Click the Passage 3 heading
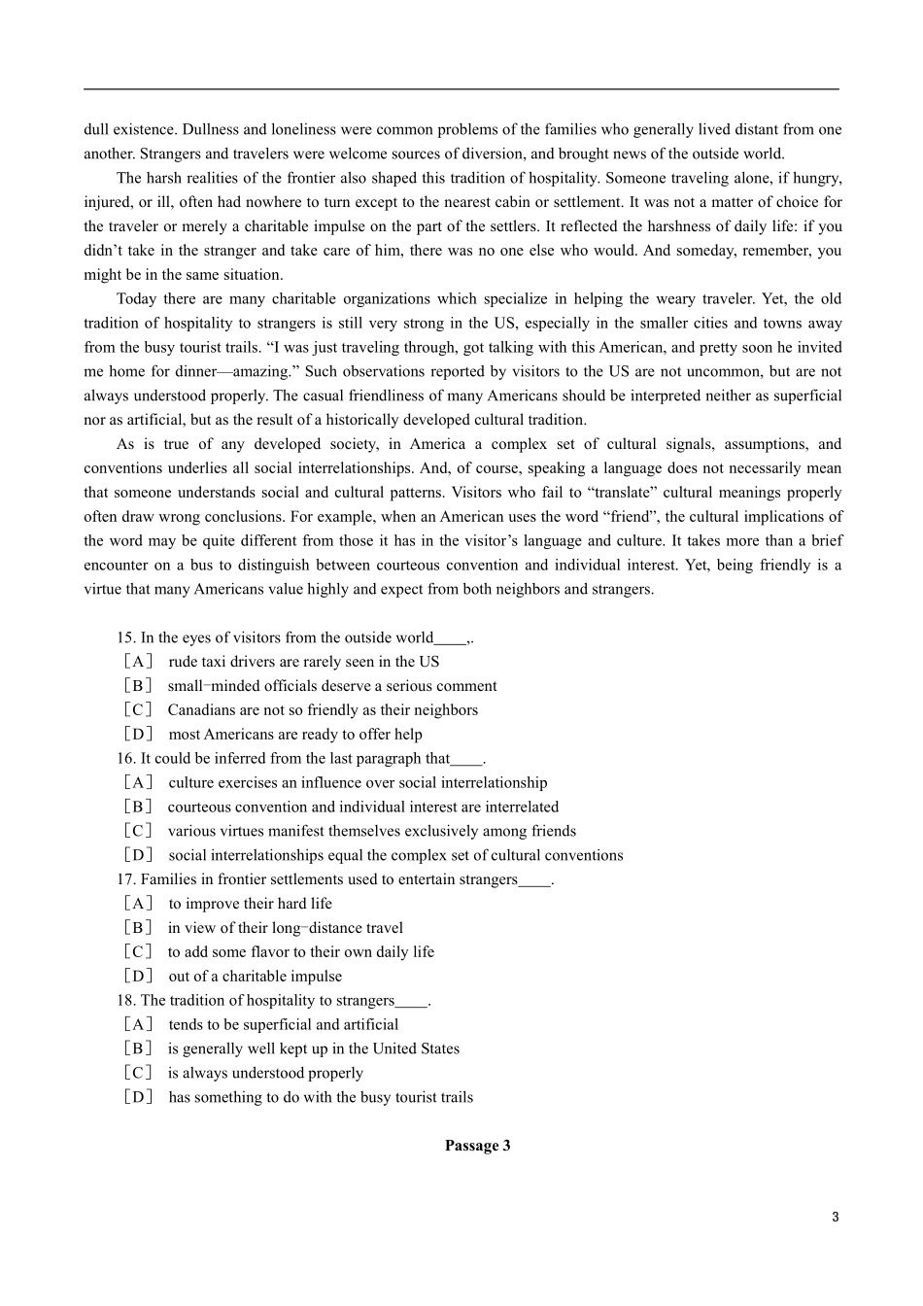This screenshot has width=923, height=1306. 477,1146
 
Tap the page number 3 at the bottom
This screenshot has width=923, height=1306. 835,1218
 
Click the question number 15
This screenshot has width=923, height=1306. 125,638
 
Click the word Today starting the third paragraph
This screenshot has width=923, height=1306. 137,299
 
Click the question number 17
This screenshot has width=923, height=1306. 125,880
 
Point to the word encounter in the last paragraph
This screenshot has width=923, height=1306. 116,566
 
